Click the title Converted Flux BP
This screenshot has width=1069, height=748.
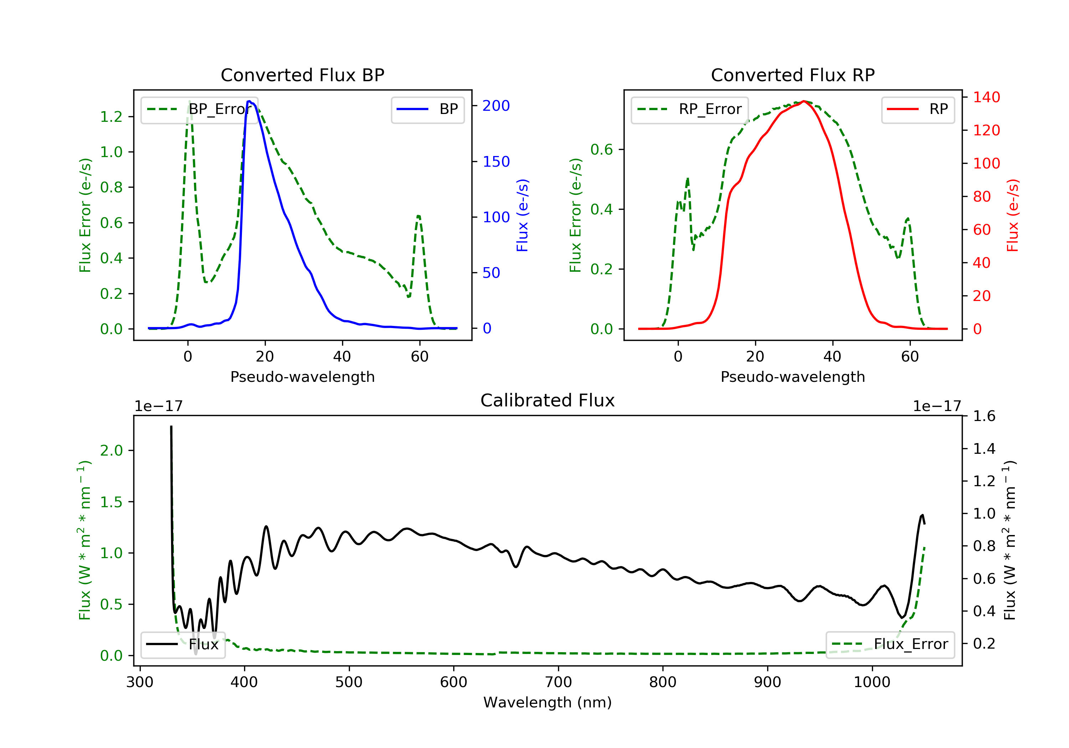coord(303,75)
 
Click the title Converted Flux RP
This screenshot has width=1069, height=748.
coord(793,75)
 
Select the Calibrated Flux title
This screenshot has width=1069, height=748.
coord(548,400)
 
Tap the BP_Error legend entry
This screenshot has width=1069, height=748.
coord(199,109)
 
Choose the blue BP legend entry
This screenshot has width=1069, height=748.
coord(427,109)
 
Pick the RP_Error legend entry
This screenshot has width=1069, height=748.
coord(690,109)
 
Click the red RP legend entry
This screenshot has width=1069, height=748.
coord(918,109)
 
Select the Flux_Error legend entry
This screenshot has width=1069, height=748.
coord(890,644)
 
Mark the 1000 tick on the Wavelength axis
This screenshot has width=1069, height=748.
coord(872,682)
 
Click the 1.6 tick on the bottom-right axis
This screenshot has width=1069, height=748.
coord(984,416)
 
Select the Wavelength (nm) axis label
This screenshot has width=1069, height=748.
coord(548,702)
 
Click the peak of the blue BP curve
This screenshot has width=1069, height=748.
coord(249,101)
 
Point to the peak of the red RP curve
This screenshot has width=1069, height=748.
coord(804,101)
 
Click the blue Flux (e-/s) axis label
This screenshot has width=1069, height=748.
coord(522,215)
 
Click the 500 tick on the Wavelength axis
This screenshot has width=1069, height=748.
coord(349,682)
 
